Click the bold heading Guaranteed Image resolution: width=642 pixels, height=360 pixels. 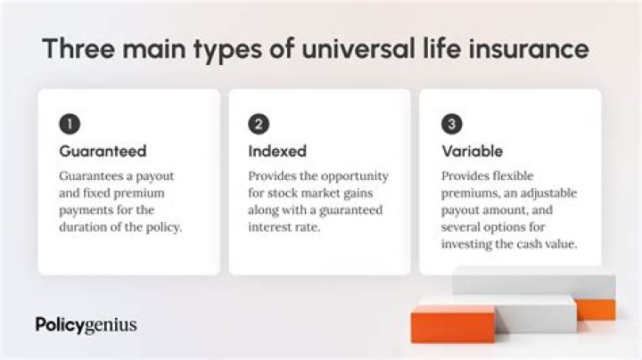tap(103, 151)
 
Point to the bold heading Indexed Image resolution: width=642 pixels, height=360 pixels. tap(276, 151)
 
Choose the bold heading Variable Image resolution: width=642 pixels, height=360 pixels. tap(473, 151)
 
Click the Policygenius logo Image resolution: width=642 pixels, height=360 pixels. tap(86, 324)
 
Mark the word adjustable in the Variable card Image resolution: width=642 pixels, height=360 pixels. tap(549, 193)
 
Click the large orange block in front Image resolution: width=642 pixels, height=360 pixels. tap(453, 324)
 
